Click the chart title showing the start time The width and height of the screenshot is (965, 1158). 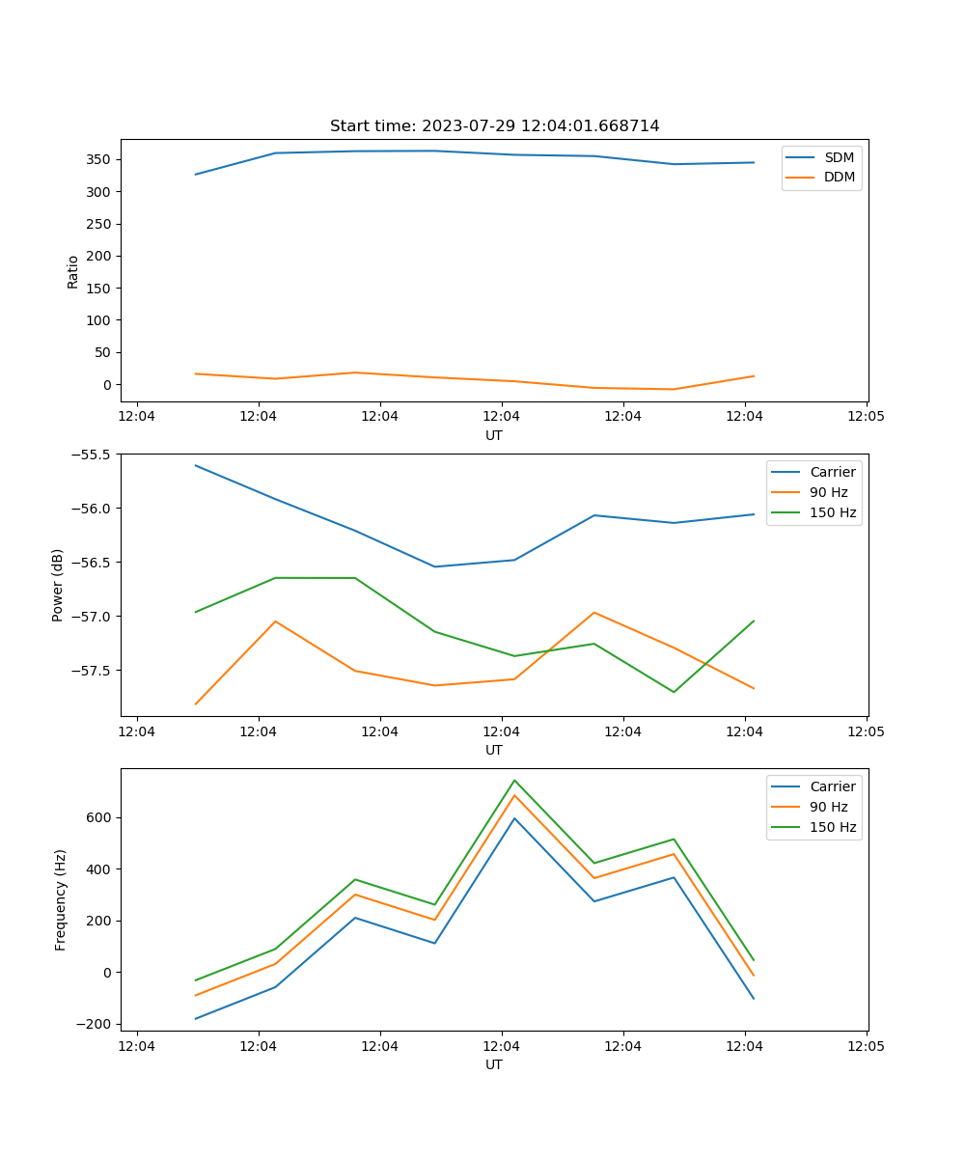(x=494, y=126)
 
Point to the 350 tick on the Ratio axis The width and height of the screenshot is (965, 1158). (x=100, y=159)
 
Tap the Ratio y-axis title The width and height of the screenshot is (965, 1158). (x=73, y=272)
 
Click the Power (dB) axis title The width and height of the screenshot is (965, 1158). (x=58, y=585)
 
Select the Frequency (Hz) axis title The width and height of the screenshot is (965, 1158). (x=61, y=899)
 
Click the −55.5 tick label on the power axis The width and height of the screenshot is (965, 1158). (x=94, y=455)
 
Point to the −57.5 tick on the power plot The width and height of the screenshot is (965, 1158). (x=94, y=671)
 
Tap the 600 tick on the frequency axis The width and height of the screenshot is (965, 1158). (x=100, y=817)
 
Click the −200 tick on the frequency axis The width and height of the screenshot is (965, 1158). (x=96, y=1024)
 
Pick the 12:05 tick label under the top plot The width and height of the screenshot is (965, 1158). (x=866, y=417)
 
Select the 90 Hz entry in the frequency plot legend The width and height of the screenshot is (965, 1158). (x=829, y=807)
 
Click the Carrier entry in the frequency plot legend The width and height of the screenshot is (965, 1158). (x=832, y=786)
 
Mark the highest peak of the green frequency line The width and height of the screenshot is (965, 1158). (x=514, y=780)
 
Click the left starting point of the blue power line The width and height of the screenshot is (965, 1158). (x=196, y=465)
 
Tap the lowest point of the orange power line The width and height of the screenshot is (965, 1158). (x=196, y=703)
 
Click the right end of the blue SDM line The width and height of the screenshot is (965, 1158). (x=754, y=162)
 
